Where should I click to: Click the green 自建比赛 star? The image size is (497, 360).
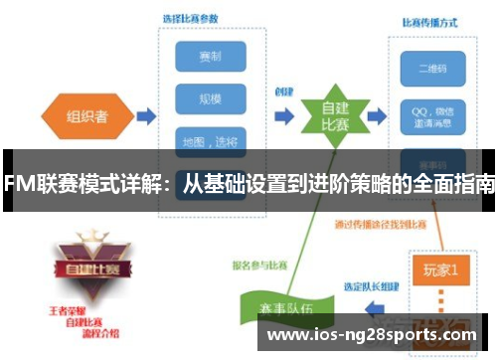coord(320,118)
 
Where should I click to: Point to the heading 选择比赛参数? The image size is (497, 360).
coord(191,19)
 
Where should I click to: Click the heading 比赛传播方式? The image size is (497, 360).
coord(429,21)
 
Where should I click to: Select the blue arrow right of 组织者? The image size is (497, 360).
coord(145,116)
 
